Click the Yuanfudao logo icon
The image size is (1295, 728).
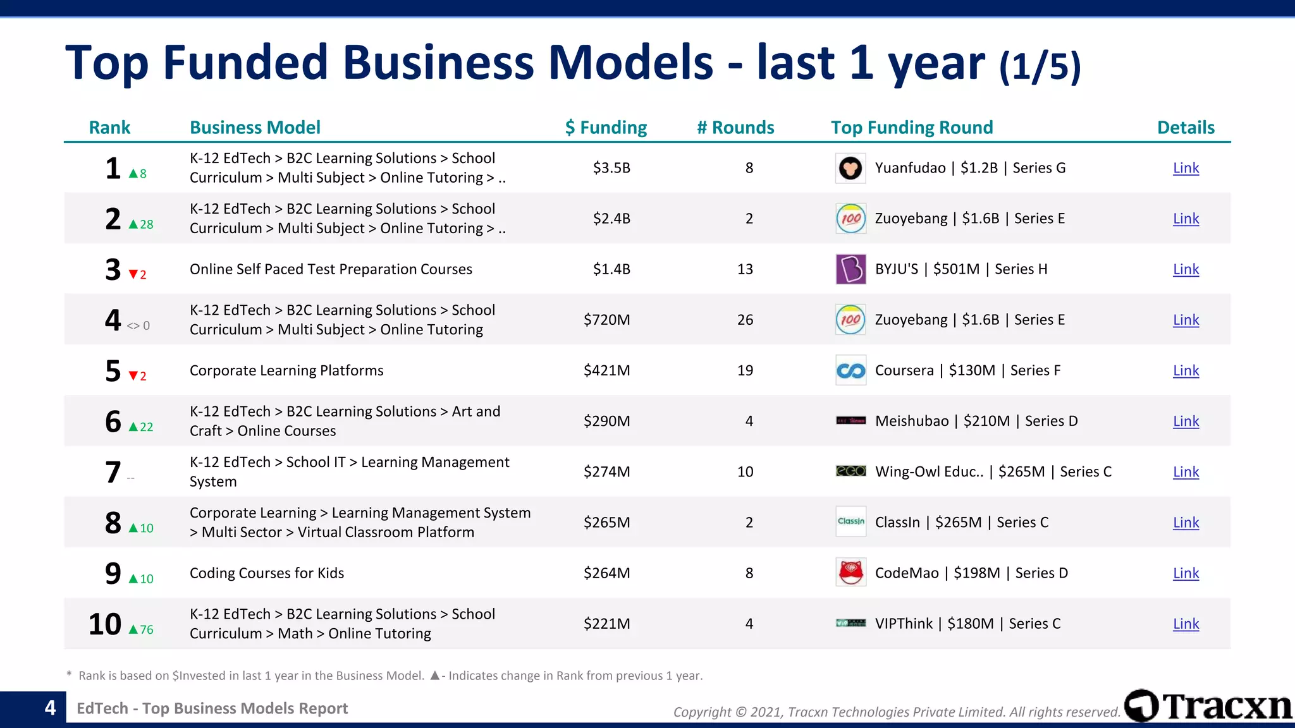click(x=850, y=168)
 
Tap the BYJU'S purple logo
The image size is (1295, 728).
click(x=850, y=269)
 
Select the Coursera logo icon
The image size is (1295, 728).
click(x=850, y=370)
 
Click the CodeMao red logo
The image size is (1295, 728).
click(x=850, y=573)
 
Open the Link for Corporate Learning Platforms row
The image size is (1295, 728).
click(x=1186, y=370)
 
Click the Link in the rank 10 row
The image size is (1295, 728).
click(x=1186, y=624)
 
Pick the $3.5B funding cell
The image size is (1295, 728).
click(x=611, y=168)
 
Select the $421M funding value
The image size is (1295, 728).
click(x=606, y=370)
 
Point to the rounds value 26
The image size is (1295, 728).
click(x=745, y=320)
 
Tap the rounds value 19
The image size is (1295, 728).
click(x=745, y=370)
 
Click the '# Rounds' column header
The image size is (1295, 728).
click(x=735, y=128)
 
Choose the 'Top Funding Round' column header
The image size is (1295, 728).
click(x=912, y=128)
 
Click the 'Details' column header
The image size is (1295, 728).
click(x=1186, y=128)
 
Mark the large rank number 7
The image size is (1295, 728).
click(x=113, y=472)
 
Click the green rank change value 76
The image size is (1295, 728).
click(x=147, y=629)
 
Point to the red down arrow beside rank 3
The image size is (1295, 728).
click(x=133, y=274)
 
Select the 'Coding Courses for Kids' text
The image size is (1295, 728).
click(x=267, y=573)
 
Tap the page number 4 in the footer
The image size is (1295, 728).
click(x=50, y=708)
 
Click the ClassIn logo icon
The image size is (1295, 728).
click(x=850, y=522)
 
